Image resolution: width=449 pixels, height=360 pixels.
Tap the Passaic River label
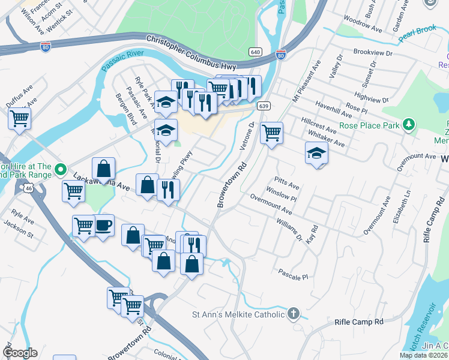(124, 61)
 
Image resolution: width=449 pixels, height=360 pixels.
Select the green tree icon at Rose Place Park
(409, 125)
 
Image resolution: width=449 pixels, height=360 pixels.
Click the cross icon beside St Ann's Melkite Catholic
(293, 313)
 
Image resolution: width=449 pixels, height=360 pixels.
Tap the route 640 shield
(255, 52)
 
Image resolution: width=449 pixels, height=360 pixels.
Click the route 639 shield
(264, 106)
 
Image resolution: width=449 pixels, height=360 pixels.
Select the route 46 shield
(29, 188)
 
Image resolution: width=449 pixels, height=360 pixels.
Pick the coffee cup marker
(103, 226)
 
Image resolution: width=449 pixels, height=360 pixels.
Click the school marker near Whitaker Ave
(316, 154)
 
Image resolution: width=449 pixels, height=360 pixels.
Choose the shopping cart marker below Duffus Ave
(19, 118)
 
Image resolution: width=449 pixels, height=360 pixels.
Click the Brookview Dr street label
(372, 53)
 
